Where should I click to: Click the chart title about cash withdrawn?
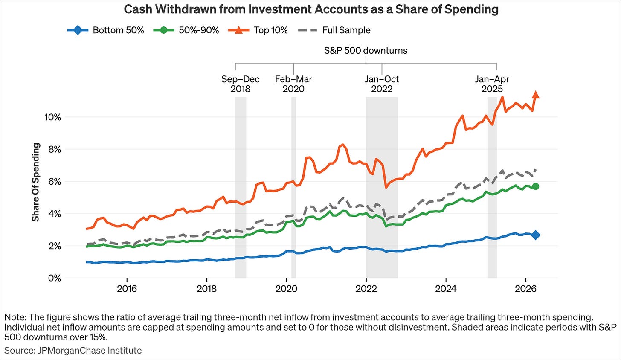click(311, 9)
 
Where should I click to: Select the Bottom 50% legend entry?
click(106, 30)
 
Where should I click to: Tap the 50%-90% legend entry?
click(186, 30)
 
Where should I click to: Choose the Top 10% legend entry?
click(258, 30)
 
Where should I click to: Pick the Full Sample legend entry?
click(334, 30)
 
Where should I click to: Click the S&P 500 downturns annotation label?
click(366, 50)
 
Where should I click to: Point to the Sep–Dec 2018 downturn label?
click(241, 84)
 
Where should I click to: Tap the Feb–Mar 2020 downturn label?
click(293, 84)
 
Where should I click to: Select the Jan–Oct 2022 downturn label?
click(382, 84)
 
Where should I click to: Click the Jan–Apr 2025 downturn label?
click(492, 84)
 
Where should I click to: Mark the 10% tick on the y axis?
click(53, 117)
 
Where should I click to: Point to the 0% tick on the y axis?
click(55, 278)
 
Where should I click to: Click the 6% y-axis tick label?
click(55, 181)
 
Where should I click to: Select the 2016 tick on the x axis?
click(127, 289)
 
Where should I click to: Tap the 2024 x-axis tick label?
click(446, 289)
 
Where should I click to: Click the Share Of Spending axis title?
click(36, 182)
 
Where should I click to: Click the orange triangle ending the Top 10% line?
click(536, 95)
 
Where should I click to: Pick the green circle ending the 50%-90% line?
click(536, 186)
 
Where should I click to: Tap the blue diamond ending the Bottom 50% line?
click(536, 235)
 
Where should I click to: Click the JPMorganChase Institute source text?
click(73, 350)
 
